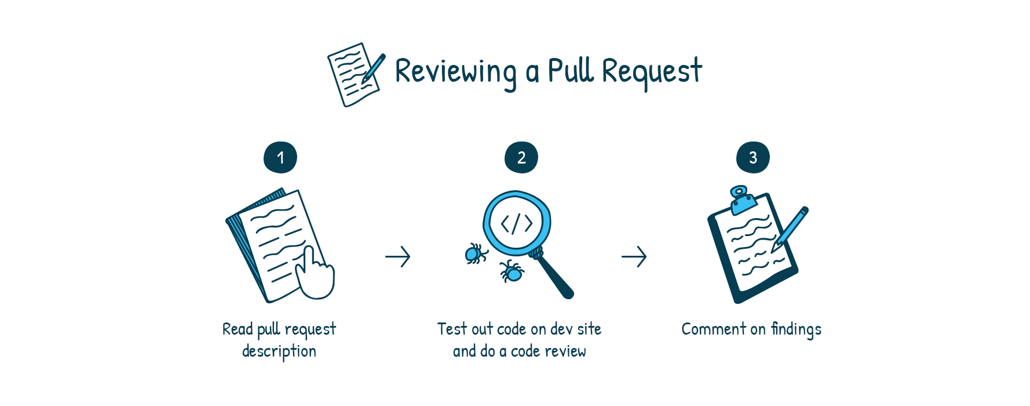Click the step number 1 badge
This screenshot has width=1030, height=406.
pos(280,157)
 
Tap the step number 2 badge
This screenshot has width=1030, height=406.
pos(521,157)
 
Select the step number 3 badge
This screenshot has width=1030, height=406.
pos(753,157)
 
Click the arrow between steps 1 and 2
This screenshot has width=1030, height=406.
pos(398,256)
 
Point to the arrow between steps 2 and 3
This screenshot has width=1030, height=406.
pos(634,256)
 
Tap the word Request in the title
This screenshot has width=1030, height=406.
pos(652,72)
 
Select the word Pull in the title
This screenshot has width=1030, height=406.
pos(571,70)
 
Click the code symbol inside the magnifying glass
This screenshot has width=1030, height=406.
pos(517,223)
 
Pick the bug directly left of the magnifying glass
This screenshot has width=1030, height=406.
pos(476,253)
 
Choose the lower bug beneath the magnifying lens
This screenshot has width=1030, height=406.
pos(512,271)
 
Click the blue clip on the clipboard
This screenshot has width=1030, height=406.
pos(742,199)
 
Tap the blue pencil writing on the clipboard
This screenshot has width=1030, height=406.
pos(790,229)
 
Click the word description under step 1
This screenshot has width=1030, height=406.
pos(279,351)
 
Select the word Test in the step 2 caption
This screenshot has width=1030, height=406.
pos(452,329)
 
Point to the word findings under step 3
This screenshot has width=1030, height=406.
pos(796,329)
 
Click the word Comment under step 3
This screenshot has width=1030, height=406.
pos(714,329)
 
